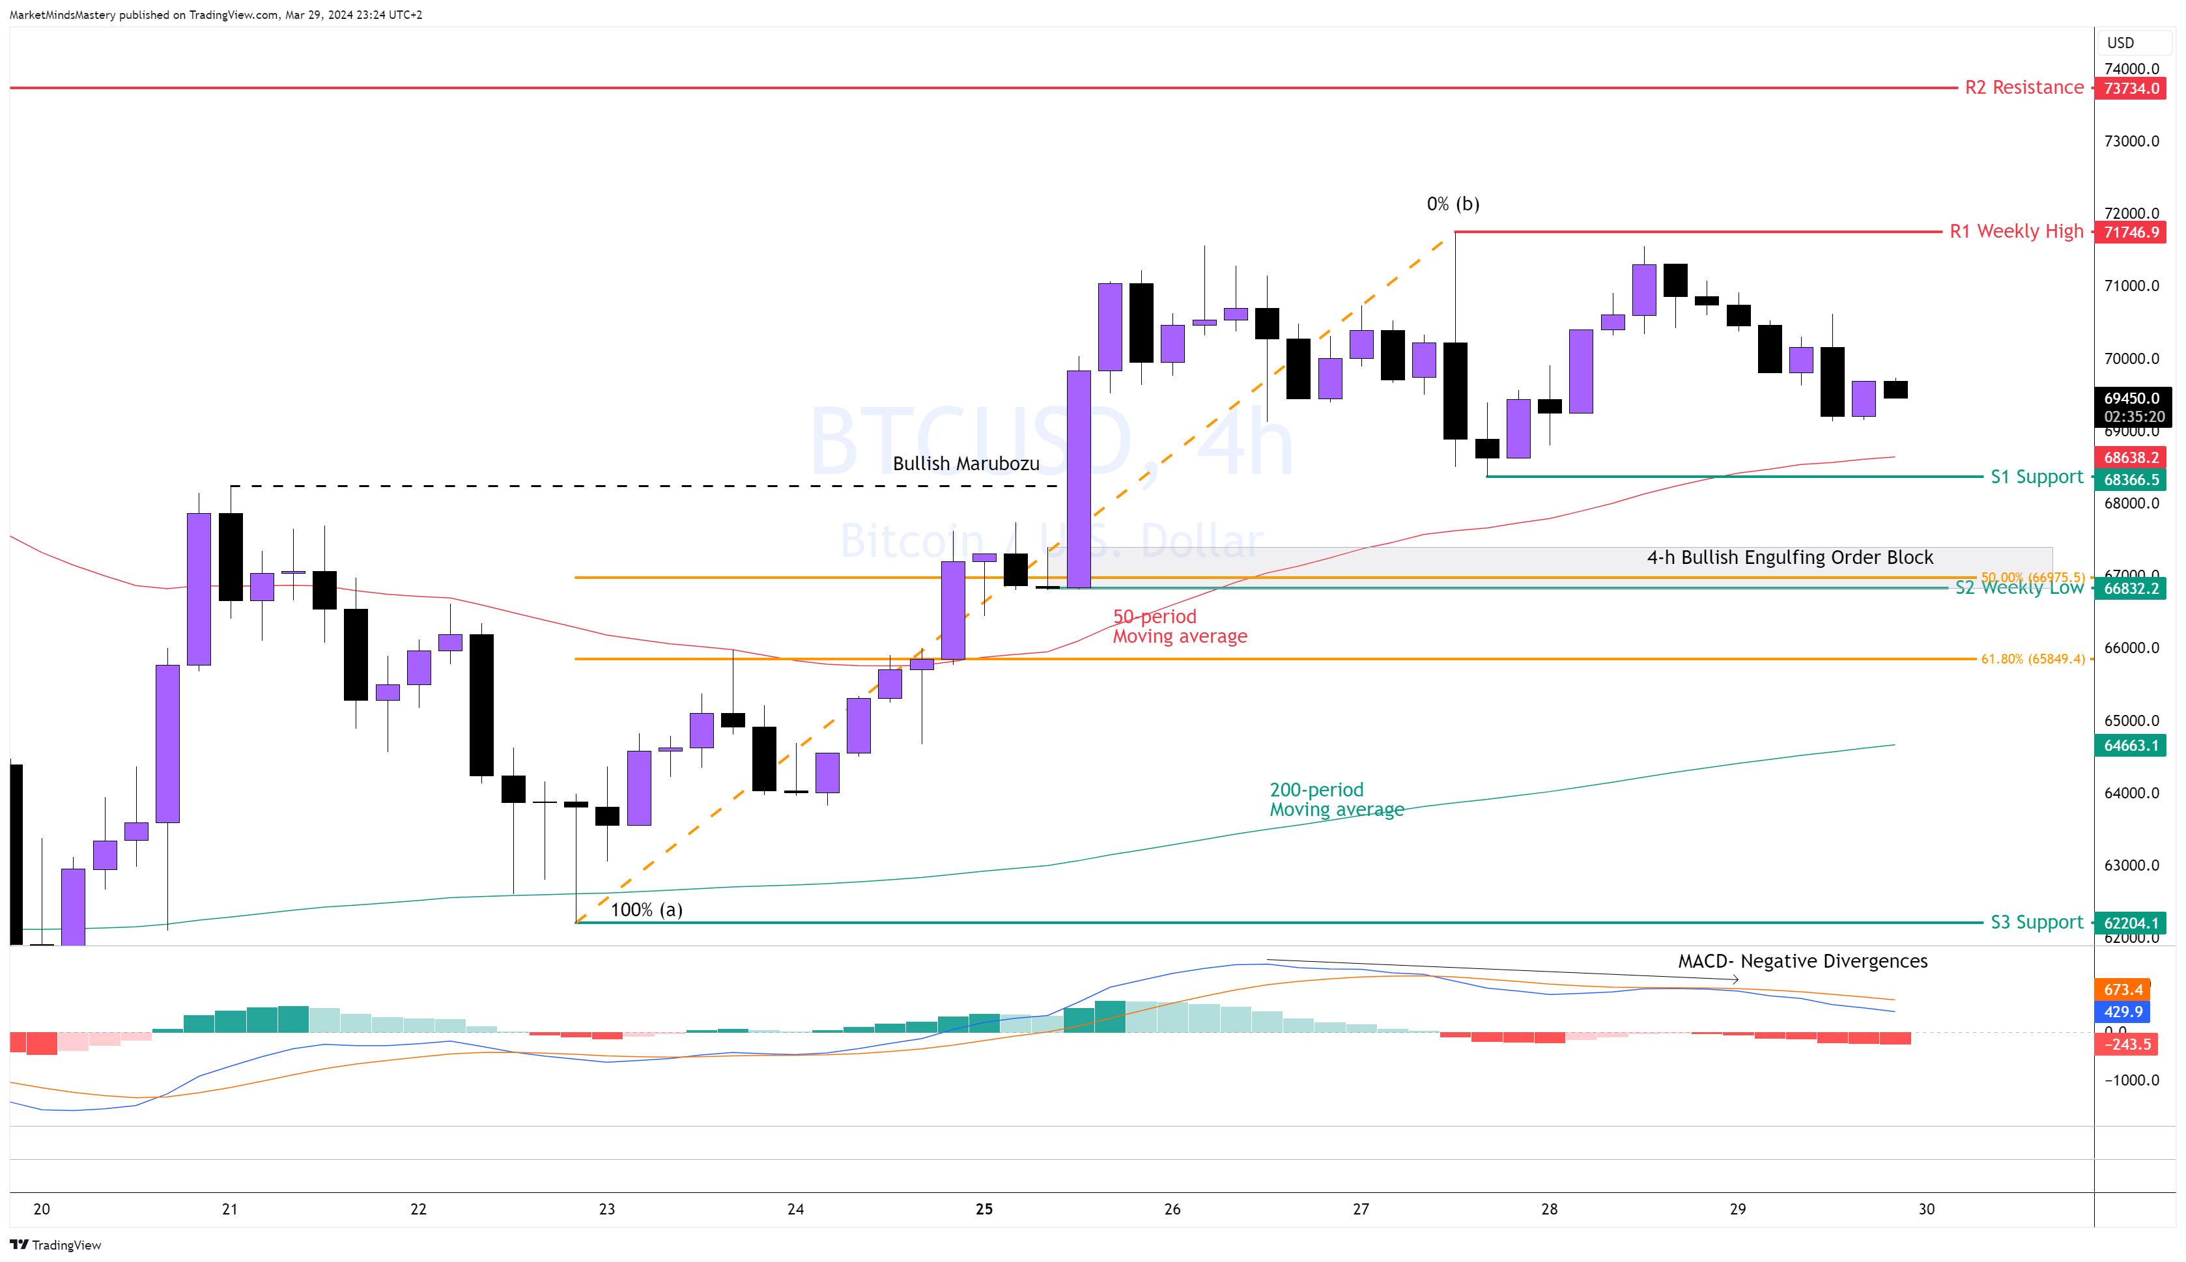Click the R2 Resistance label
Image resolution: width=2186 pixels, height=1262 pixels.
coord(2023,87)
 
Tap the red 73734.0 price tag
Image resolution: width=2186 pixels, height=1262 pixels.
coord(2131,89)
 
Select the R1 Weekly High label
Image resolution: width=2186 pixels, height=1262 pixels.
coord(2015,231)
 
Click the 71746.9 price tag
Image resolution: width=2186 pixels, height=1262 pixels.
coord(2131,232)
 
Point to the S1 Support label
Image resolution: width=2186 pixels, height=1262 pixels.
coord(2036,477)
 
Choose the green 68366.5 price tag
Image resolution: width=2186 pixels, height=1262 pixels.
coord(2131,480)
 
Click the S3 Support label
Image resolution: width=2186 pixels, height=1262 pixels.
coord(2036,922)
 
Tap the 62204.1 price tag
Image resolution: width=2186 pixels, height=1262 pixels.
coord(2131,923)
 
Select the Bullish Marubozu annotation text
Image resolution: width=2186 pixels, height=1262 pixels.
coord(965,464)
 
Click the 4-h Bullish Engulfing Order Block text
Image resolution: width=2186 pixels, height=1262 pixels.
coord(1789,557)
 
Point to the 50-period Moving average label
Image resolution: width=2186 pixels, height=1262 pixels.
coord(1179,626)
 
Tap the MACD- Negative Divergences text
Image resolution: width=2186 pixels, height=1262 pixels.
coord(1802,961)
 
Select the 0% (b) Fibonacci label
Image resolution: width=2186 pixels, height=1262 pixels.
coord(1453,204)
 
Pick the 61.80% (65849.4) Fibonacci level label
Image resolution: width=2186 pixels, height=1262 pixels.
coord(2032,660)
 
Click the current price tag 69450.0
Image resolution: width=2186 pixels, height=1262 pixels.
coord(2131,399)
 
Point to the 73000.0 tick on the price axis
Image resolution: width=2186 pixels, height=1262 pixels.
coord(2131,141)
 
